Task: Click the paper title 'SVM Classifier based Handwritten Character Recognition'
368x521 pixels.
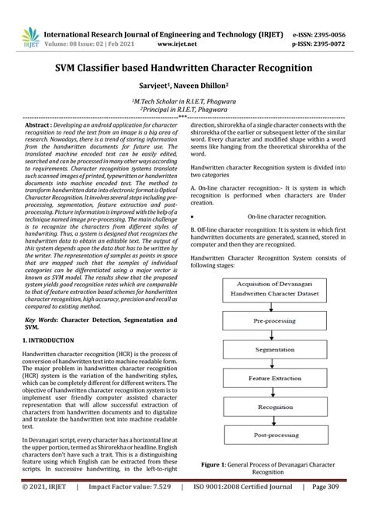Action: (x=183, y=68)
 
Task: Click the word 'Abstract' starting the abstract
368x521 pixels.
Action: (x=40, y=124)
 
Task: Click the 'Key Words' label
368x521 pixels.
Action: (x=43, y=320)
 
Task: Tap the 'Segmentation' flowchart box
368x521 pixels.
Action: (x=276, y=351)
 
